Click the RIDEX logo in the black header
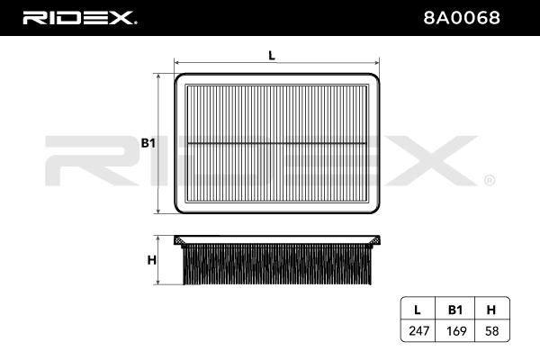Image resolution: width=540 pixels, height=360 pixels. coord(79,18)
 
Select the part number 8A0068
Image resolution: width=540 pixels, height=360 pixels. coord(462,18)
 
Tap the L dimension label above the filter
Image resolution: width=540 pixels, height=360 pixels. coord(272,55)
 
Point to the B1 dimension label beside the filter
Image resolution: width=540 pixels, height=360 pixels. coord(148,143)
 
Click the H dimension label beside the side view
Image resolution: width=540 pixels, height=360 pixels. coord(151,260)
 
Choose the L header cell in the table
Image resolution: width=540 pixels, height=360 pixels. coord(418,310)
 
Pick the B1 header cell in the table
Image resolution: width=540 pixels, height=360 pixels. coord(455,310)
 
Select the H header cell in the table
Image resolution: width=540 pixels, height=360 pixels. coord(491,310)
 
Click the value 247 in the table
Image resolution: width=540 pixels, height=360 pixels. coord(418,331)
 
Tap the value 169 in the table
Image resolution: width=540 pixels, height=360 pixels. coord(456,331)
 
